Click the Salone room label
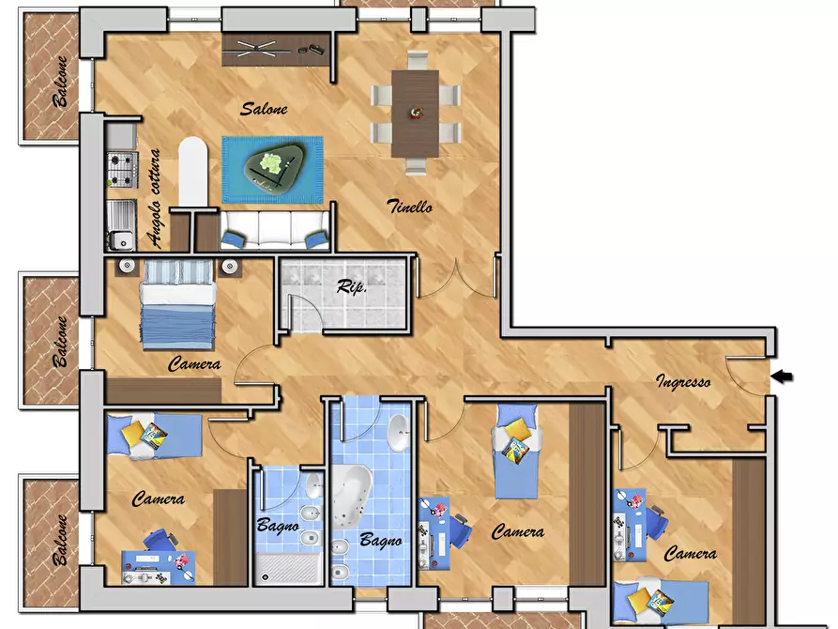[x=264, y=109]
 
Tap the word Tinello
[x=409, y=206]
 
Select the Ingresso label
[x=683, y=381]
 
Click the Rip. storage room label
[x=351, y=286]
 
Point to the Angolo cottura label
[x=154, y=198]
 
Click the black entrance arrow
[x=782, y=376]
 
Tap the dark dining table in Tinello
[x=416, y=114]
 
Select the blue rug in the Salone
[x=272, y=170]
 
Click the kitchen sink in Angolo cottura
[x=121, y=225]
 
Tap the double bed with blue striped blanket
[x=178, y=304]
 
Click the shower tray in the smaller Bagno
[x=287, y=567]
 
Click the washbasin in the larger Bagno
[x=398, y=432]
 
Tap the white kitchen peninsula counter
[x=192, y=171]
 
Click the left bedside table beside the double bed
[x=126, y=267]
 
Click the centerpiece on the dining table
[x=416, y=113]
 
